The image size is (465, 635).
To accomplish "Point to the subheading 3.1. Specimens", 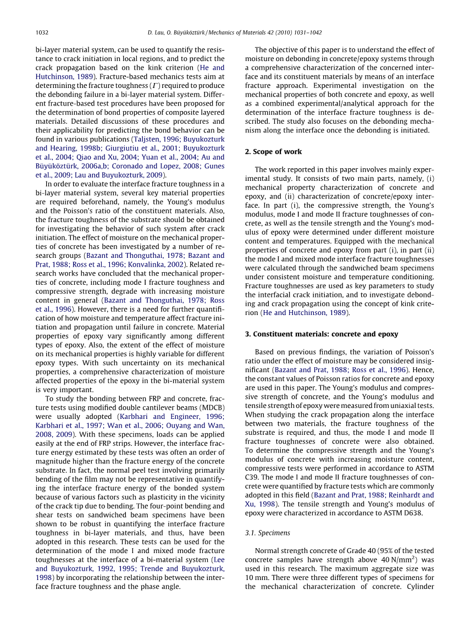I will pyautogui.click(x=268, y=533).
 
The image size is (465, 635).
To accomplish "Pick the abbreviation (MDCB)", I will pyautogui.click(x=211, y=407).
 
